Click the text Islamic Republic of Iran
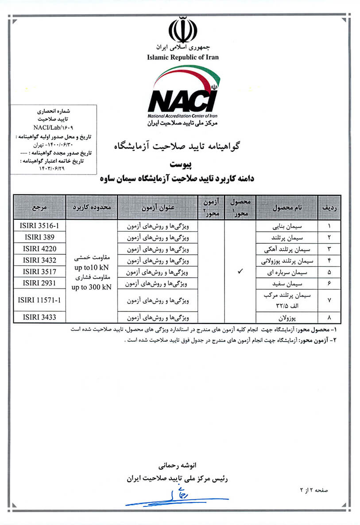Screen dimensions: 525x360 [183, 57]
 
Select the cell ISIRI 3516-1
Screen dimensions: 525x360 [39, 226]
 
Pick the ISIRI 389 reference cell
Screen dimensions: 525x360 [39, 237]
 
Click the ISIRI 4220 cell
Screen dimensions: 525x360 [39, 248]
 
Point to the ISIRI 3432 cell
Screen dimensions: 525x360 [39, 260]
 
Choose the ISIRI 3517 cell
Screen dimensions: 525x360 [39, 271]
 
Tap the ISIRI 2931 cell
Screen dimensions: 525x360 [39, 282]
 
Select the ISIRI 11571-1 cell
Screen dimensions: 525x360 [39, 299]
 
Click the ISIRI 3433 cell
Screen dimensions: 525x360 [39, 317]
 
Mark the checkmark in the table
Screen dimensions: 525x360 [240, 272]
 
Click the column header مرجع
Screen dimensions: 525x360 [39, 207]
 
